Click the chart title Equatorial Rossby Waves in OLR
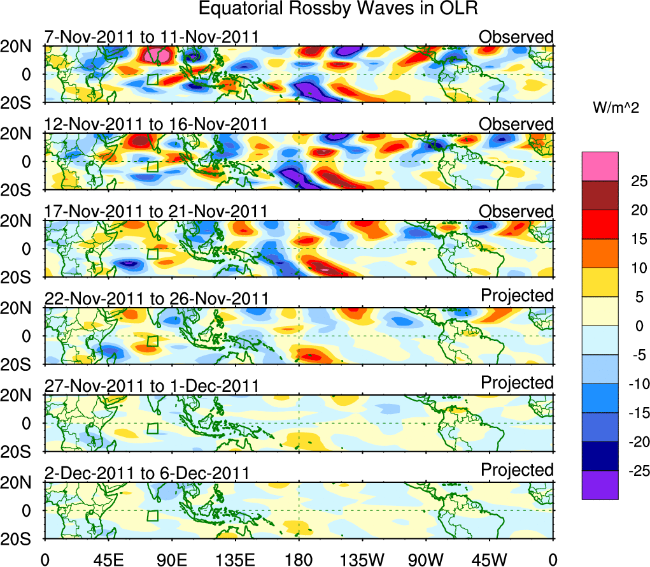pos(338,9)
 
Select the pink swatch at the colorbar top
pos(600,166)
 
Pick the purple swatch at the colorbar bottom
pos(600,484)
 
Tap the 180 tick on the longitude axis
pos(299,559)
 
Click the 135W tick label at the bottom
pos(362,559)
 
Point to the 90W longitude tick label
pos(425,559)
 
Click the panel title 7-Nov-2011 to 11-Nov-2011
pos(152,37)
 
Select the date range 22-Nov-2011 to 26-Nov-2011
pos(156,298)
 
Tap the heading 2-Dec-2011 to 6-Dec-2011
pos(146,473)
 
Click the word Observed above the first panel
pos(516,37)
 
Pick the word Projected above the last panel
pos(517,470)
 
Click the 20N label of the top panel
pos(21,47)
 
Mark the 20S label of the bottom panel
pos(21,539)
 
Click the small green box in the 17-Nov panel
pos(152,254)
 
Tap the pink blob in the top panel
pos(156,56)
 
